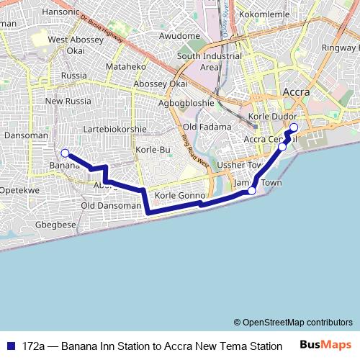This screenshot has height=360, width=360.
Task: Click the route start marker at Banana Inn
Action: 65,153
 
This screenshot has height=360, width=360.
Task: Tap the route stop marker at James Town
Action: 252,191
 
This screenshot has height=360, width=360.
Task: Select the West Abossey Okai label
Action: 76,45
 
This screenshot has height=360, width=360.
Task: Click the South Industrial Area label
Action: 209,61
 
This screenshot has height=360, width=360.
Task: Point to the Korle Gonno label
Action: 180,195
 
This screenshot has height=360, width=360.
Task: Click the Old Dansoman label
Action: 111,205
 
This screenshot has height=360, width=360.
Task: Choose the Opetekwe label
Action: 19,190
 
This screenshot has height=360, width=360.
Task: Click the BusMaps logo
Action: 325,345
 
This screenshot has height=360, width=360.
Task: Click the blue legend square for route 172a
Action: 9,346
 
